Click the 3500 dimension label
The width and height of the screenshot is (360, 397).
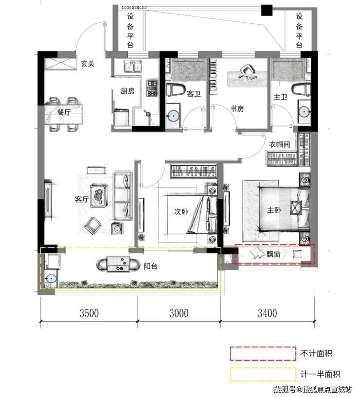tap(89, 313)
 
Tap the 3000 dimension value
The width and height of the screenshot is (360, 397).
tap(179, 313)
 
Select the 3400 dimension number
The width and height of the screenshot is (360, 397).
tap(267, 313)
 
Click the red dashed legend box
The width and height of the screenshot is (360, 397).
tap(263, 353)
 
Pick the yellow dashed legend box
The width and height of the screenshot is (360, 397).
tap(263, 374)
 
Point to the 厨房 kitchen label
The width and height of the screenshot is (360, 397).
tap(127, 91)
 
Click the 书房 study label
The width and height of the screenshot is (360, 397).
tap(237, 109)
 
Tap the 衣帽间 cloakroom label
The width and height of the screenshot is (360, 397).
tap(280, 144)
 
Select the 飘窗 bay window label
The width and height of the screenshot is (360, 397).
tap(273, 254)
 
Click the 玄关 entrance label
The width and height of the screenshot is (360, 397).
tap(88, 64)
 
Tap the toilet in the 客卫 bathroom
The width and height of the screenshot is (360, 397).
tap(176, 89)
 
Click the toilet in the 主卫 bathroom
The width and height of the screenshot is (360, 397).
tap(302, 90)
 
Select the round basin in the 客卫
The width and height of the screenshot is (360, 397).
tap(173, 116)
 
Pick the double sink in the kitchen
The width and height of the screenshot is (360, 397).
tap(133, 67)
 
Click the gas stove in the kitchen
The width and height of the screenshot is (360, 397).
tap(152, 88)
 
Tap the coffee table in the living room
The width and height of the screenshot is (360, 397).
tap(99, 196)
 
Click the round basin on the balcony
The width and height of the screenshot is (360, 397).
tap(51, 278)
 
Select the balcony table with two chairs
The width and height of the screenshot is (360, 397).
tap(118, 264)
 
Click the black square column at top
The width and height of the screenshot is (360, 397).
tap(267, 10)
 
